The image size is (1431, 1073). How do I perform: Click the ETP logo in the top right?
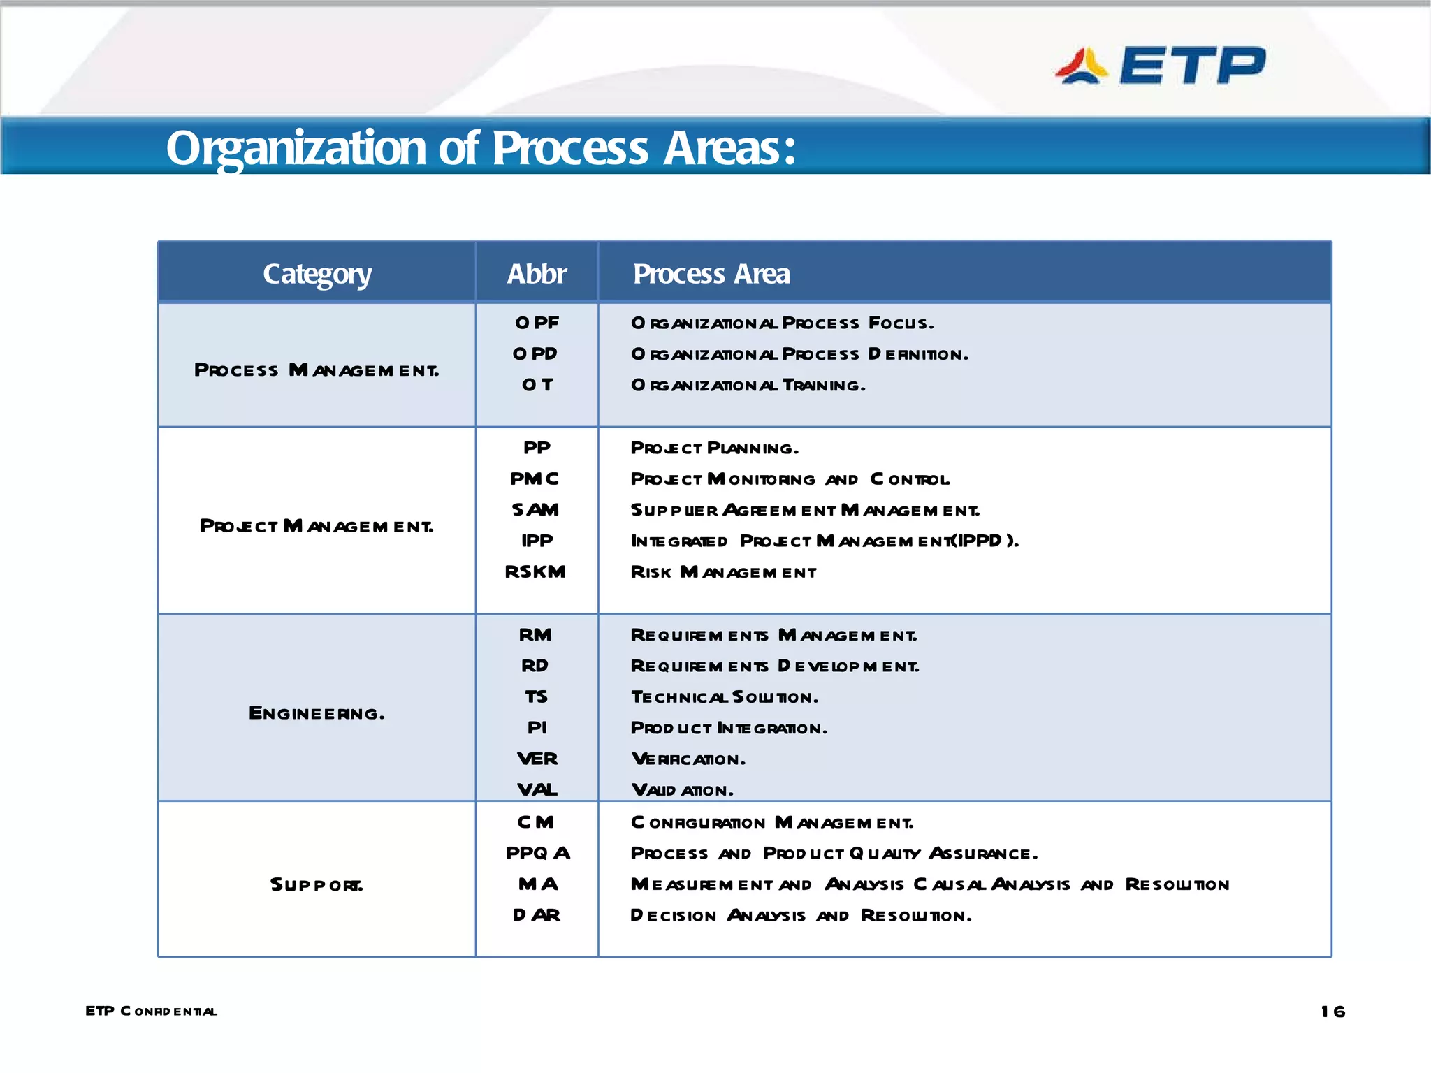tap(1160, 66)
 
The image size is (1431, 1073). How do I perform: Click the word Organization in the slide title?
tap(296, 148)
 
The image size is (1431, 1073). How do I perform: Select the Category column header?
tap(317, 274)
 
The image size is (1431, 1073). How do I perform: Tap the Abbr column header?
tap(536, 274)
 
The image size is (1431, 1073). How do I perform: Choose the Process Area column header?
tap(711, 274)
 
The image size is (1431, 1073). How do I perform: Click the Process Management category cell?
tap(317, 370)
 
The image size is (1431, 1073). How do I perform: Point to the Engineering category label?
tap(317, 713)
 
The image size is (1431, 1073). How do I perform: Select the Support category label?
tap(317, 885)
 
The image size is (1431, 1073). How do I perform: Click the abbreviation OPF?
tap(537, 323)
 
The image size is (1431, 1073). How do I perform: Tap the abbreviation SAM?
tap(535, 510)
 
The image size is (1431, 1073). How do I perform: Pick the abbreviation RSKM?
tap(535, 572)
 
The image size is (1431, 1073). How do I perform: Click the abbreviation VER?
tap(537, 759)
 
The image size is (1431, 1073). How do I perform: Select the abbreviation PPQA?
tap(537, 854)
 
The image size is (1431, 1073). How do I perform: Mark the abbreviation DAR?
tap(536, 915)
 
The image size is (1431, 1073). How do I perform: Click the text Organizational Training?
tap(748, 386)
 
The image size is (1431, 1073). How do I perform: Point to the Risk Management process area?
tap(723, 572)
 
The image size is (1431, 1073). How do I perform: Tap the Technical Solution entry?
tap(724, 697)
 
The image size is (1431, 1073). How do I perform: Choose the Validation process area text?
tap(682, 790)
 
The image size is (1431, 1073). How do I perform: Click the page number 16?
tap(1332, 1012)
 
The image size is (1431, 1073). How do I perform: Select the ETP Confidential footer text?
tap(151, 1011)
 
